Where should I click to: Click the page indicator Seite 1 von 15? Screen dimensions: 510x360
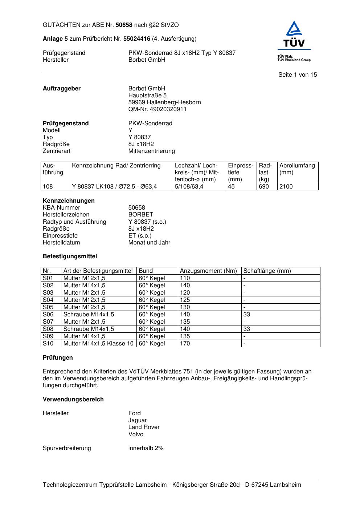(298, 75)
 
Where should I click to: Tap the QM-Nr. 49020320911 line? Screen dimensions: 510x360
(157, 109)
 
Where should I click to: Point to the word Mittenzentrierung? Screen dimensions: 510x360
(151, 151)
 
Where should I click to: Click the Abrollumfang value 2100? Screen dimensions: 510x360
(286, 187)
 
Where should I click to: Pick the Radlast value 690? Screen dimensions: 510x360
(264, 187)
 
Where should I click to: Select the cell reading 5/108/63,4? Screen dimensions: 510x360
(189, 187)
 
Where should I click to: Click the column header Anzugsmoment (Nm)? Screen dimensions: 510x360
(208, 271)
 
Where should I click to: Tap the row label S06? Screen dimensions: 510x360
(48, 315)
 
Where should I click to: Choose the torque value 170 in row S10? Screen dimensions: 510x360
(185, 344)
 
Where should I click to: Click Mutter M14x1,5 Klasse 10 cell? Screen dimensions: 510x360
(98, 344)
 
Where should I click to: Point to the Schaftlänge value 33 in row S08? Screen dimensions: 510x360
(247, 329)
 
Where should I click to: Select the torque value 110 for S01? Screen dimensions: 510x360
(185, 278)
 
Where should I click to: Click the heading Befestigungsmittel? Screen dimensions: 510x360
(70, 256)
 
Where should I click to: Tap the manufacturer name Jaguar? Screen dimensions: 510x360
(138, 420)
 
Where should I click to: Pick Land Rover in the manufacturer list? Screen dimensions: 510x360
(144, 427)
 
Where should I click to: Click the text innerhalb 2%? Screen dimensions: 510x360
(146, 448)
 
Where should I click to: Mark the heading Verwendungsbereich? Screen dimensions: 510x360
(73, 400)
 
